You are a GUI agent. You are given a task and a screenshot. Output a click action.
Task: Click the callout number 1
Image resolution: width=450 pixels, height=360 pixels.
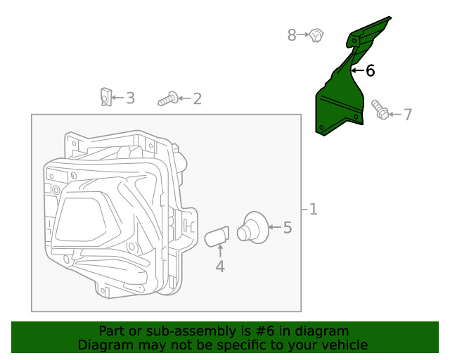(313, 209)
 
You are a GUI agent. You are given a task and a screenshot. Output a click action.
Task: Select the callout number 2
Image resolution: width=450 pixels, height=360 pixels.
(197, 98)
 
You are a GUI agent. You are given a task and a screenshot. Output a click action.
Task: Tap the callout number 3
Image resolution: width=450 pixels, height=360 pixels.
(130, 98)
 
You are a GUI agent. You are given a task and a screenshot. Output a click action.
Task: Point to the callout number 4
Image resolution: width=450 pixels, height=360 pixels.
(219, 266)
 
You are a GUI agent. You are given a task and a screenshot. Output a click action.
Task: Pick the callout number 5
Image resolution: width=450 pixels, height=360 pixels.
(287, 227)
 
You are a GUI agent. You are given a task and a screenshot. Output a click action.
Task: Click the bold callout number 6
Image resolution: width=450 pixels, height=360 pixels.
(370, 70)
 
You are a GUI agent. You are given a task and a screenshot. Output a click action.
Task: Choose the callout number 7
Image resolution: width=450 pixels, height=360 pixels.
(408, 114)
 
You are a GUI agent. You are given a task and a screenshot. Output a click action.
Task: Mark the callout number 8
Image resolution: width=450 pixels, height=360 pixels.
(292, 34)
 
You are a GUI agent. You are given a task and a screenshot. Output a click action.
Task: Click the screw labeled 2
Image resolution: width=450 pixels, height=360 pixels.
(167, 100)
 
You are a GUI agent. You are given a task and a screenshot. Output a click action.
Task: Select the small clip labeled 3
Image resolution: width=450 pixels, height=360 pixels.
(105, 96)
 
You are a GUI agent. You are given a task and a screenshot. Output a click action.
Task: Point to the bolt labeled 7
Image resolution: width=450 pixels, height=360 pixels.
(380, 110)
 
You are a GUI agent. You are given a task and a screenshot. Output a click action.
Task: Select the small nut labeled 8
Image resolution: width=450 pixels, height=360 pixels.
(316, 34)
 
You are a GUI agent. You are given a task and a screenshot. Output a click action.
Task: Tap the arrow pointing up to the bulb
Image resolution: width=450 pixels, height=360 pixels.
(219, 251)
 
